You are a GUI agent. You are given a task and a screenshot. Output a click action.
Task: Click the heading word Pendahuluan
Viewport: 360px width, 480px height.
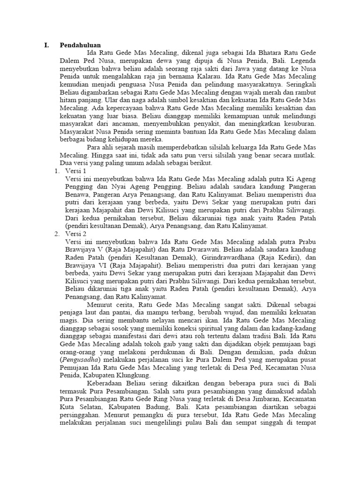[x=80, y=45]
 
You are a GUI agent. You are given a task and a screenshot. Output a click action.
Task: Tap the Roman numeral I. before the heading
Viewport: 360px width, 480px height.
[x=46, y=45]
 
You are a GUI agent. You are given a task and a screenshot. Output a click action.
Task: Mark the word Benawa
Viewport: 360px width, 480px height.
[x=76, y=195]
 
